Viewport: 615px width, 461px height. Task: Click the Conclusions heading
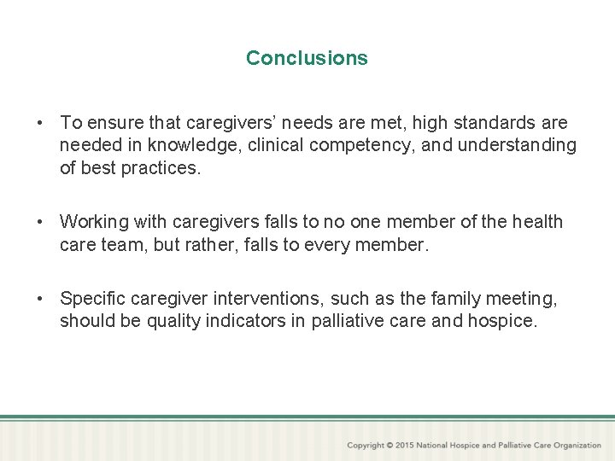[x=307, y=58]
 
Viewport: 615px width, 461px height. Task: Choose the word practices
[x=161, y=168]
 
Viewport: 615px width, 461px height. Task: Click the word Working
[x=94, y=222]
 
